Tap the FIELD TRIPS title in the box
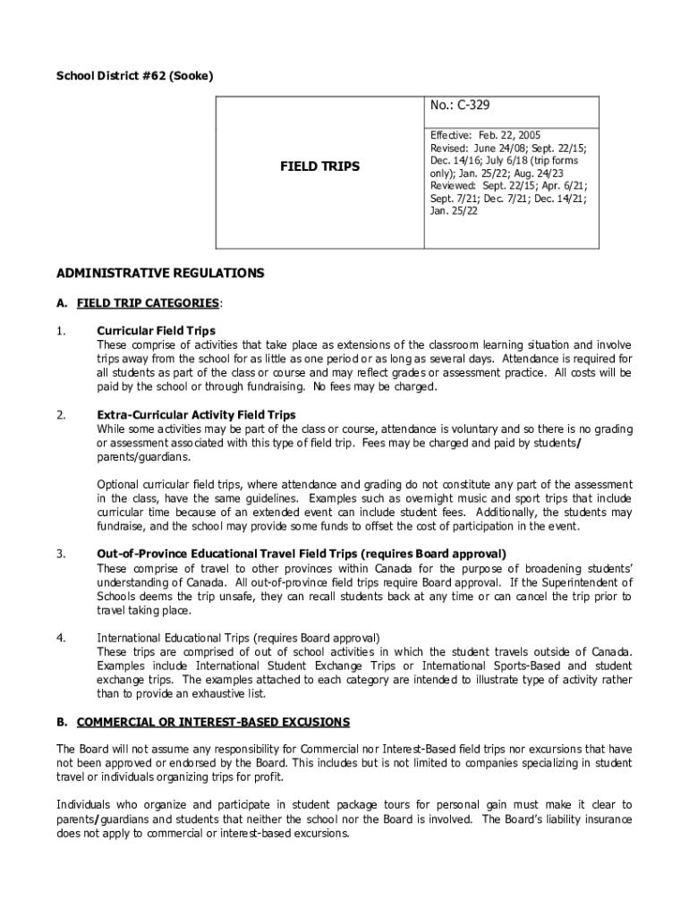pos(319,166)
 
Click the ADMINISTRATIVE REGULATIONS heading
pos(160,272)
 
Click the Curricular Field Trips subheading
pos(156,331)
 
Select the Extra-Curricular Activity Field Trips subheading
pos(196,415)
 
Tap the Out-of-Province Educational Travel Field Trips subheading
pos(301,554)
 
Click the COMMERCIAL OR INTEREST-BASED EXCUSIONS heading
pos(213,722)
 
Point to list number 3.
pos(61,554)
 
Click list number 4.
pos(61,638)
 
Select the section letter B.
pos(62,722)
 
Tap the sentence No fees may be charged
pos(375,387)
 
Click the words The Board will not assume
pos(115,749)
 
